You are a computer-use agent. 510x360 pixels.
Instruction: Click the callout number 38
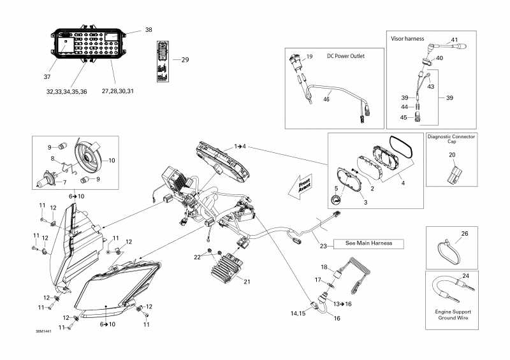pos(149,30)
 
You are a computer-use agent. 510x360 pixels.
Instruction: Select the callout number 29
pos(185,60)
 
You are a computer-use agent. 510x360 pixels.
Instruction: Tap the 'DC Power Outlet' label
pos(347,55)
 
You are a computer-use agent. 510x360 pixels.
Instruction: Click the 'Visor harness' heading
pos(407,38)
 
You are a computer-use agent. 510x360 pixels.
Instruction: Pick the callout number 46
pos(326,99)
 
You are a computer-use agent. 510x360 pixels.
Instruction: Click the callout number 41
pos(454,40)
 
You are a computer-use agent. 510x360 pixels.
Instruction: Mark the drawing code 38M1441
pos(44,331)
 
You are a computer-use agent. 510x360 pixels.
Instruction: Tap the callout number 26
pos(464,234)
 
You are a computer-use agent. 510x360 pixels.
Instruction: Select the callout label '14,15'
pos(298,313)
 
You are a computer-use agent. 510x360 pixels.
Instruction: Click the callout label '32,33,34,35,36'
pos(66,92)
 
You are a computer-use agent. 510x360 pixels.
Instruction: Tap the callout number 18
pos(323,267)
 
